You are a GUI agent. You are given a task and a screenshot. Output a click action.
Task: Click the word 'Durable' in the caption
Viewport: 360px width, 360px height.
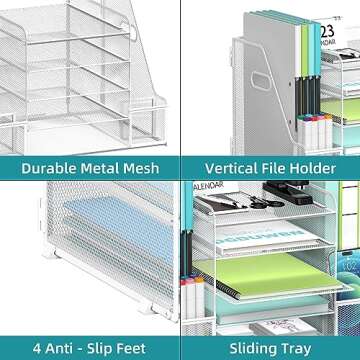point(45,168)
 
